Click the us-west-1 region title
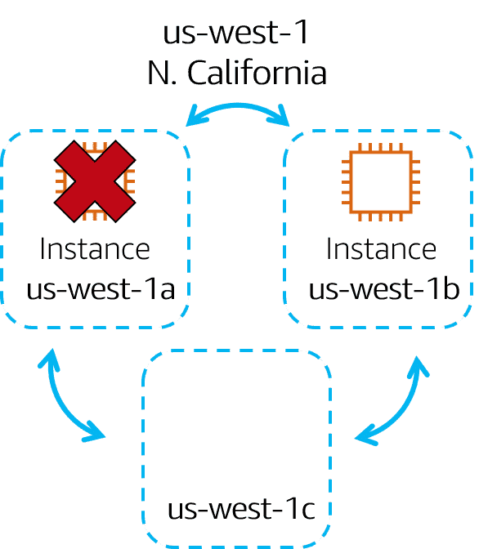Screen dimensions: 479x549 (x=235, y=32)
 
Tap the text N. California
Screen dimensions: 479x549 (x=237, y=73)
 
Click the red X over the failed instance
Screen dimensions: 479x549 (x=95, y=181)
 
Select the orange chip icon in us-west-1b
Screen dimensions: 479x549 (x=381, y=182)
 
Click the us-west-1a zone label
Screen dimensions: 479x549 (x=101, y=289)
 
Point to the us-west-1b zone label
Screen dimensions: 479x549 (x=384, y=288)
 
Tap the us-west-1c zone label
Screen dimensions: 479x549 (x=241, y=508)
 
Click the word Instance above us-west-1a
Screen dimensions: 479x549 (x=95, y=248)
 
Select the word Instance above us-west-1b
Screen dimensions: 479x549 (x=381, y=248)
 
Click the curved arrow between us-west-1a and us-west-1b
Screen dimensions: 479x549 (x=238, y=105)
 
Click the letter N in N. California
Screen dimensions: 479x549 (x=159, y=73)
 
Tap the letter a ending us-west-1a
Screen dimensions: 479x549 (x=167, y=291)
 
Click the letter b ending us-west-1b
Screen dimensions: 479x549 (x=451, y=288)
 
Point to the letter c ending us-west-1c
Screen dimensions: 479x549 (x=308, y=511)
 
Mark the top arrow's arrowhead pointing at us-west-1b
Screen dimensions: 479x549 (x=280, y=115)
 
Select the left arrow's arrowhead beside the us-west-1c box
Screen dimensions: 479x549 (x=94, y=432)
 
